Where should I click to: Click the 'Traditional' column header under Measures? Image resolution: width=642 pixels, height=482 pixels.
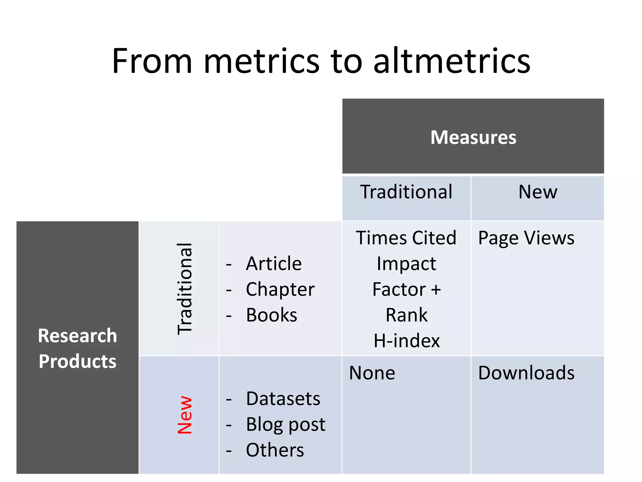(406, 192)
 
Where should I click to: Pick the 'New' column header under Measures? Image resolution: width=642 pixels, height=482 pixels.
(538, 192)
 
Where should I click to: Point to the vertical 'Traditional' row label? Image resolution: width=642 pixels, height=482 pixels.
(185, 288)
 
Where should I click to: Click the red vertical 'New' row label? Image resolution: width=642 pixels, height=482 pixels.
(185, 415)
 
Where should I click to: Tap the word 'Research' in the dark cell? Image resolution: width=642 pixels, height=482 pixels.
(77, 335)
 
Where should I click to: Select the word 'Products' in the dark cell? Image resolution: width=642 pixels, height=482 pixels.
(77, 361)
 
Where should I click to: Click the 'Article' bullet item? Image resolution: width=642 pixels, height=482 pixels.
(274, 263)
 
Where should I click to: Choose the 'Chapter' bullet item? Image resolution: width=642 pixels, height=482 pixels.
(280, 289)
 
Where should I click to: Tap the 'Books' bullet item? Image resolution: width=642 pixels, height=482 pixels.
(271, 315)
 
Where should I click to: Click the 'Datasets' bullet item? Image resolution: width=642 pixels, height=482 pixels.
(283, 399)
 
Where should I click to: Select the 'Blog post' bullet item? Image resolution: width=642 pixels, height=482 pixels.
(286, 424)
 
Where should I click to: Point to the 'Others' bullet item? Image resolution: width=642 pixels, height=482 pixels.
(275, 450)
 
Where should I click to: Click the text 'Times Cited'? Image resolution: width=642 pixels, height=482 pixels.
(406, 238)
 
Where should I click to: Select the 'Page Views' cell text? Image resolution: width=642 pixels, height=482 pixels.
(526, 238)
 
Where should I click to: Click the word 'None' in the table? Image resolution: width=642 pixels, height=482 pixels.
(372, 373)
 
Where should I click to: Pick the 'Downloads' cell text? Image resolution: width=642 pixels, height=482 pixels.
(526, 373)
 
